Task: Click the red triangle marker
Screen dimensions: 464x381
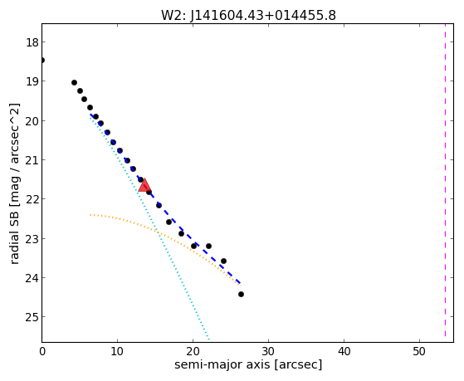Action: (x=144, y=186)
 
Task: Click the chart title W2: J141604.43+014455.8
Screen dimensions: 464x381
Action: (x=248, y=16)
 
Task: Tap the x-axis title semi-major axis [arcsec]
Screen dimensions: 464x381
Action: (x=248, y=364)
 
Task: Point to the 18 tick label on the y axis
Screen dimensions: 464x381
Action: (x=32, y=42)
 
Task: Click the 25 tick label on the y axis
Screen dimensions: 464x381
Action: (x=32, y=317)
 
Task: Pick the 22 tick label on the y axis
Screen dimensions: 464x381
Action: (x=32, y=199)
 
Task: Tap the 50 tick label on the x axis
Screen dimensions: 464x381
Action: (x=419, y=351)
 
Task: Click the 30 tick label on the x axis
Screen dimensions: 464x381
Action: (x=268, y=351)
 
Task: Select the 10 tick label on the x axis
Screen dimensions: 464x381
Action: (x=118, y=351)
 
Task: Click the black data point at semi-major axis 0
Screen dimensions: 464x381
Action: (x=42, y=61)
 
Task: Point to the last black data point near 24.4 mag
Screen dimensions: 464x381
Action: (x=241, y=295)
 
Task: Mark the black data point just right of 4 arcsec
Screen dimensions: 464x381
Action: (x=74, y=83)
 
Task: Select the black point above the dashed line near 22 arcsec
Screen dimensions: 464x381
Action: (x=208, y=246)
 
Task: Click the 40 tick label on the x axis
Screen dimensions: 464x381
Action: (x=344, y=351)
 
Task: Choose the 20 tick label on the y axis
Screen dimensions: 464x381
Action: (x=32, y=121)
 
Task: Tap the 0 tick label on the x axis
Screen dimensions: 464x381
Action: (x=42, y=351)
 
